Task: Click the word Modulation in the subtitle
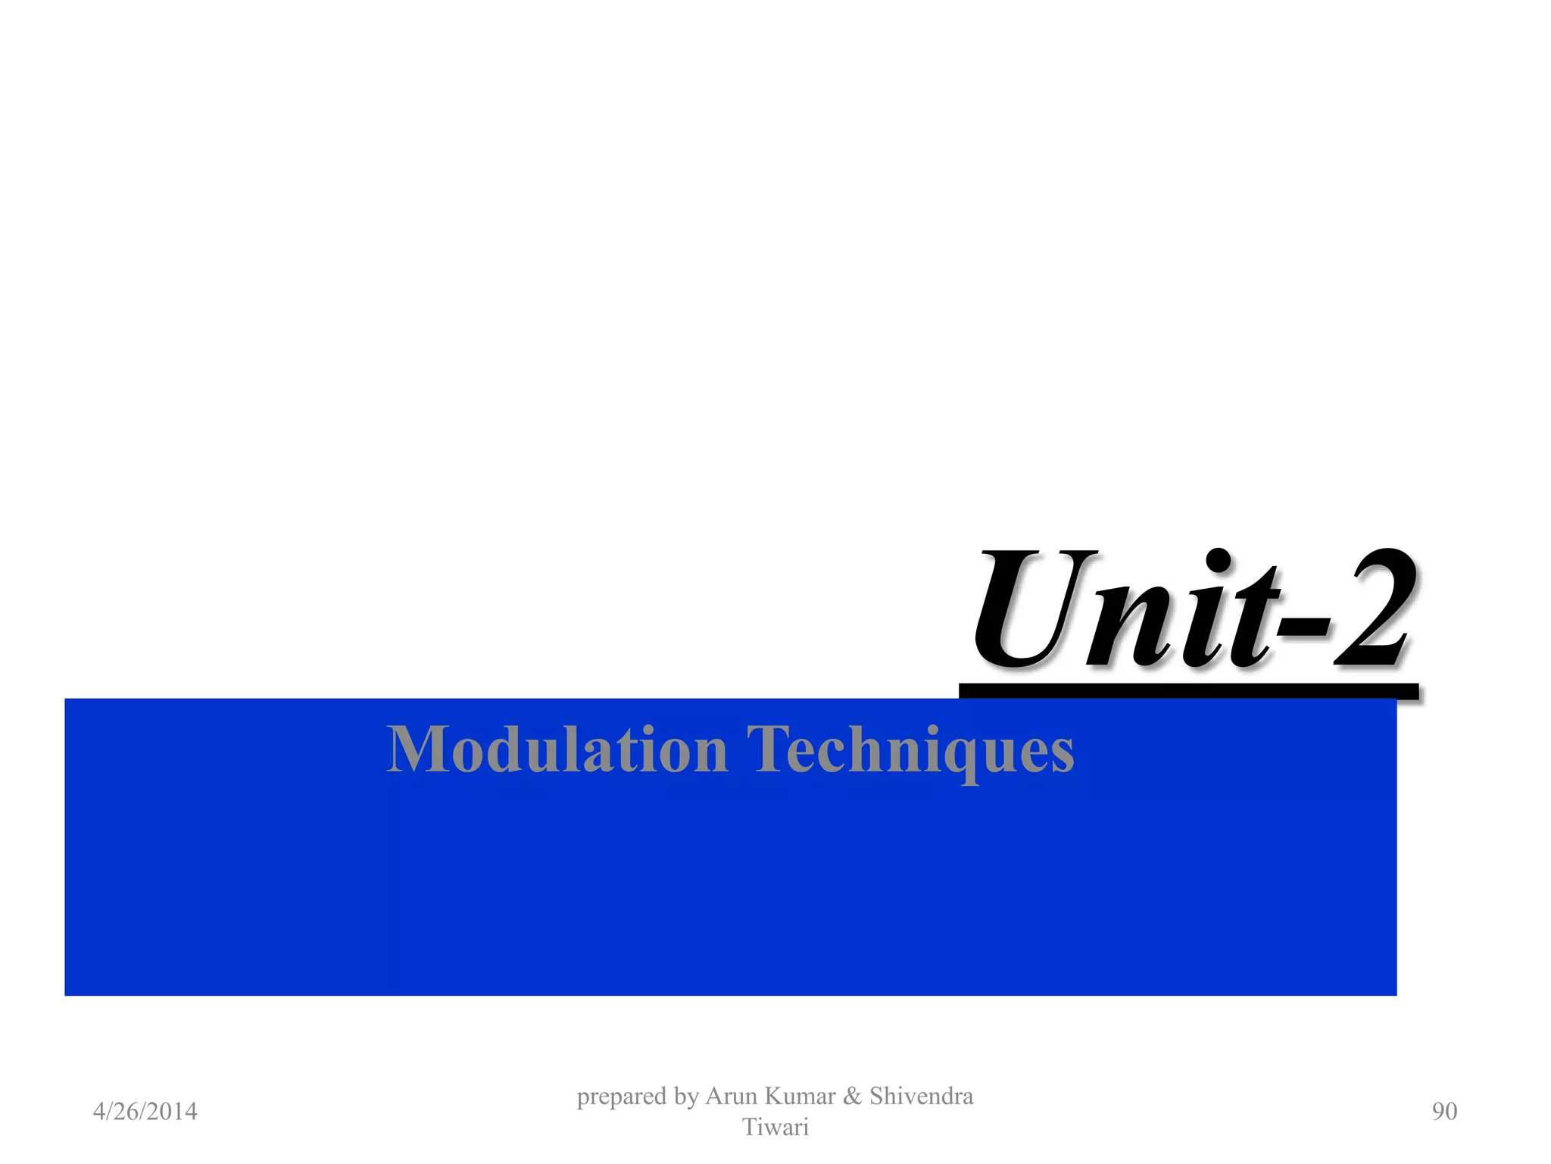point(557,749)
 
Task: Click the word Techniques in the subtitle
point(910,749)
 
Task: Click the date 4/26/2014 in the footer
point(145,1112)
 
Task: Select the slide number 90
point(1444,1112)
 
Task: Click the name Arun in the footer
point(731,1097)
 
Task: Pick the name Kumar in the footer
point(800,1097)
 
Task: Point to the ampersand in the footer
point(852,1097)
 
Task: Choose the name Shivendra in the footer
point(921,1097)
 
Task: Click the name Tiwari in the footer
point(775,1128)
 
